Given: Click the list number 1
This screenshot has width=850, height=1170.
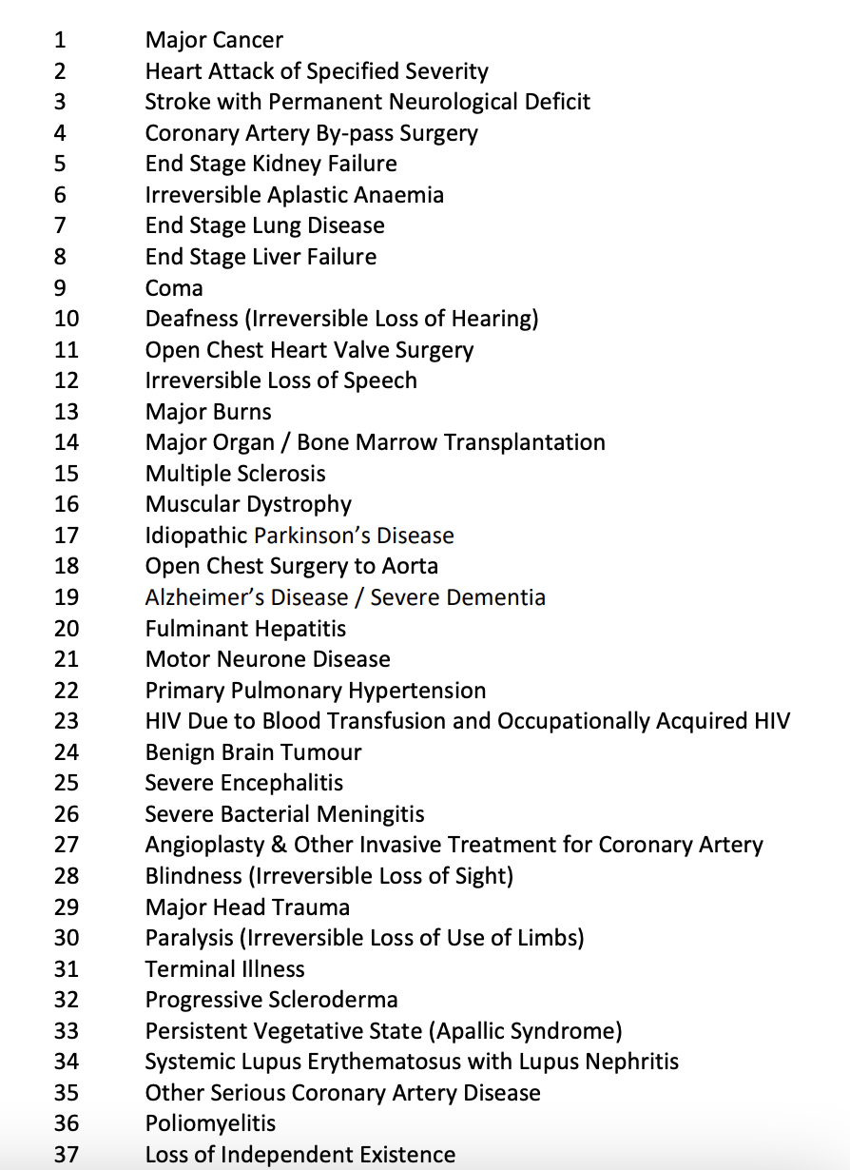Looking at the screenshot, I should point(61,40).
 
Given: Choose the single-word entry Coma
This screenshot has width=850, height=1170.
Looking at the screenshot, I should point(174,288).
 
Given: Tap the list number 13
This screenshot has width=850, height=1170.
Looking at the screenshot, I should point(67,412).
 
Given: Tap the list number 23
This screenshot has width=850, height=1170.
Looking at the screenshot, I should point(67,721).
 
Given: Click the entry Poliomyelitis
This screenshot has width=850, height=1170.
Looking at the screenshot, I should point(210,1123).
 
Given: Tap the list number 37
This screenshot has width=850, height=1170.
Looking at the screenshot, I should point(67,1155).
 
